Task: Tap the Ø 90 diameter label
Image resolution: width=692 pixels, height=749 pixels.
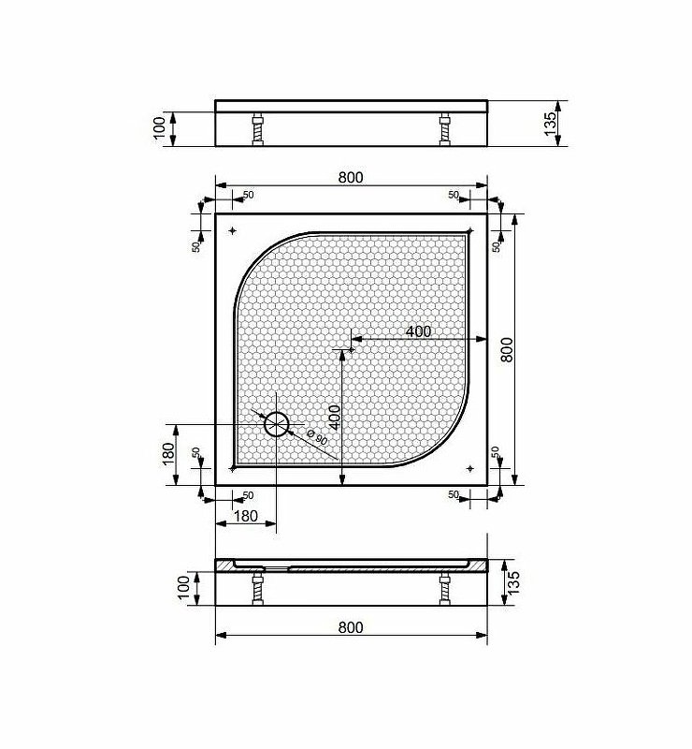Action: click(317, 437)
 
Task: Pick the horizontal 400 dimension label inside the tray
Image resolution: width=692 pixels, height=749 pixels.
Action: click(419, 331)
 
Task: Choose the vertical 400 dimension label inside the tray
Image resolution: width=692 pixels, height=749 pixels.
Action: click(335, 418)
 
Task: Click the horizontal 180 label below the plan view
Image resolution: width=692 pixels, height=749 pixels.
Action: click(246, 516)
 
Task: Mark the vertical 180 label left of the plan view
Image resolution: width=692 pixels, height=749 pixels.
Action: click(168, 455)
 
